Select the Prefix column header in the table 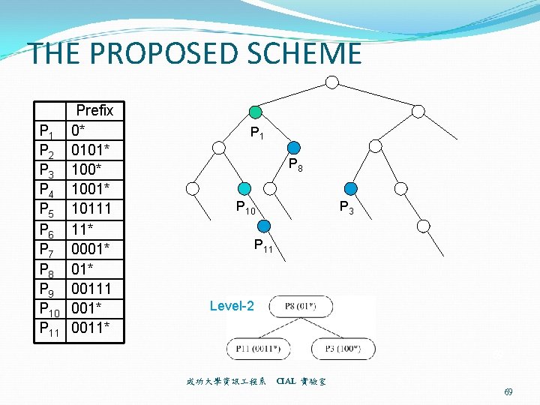(x=94, y=111)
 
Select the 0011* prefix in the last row (x=91, y=327)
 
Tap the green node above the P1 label (x=256, y=112)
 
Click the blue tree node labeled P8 (x=294, y=148)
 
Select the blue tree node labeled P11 (x=264, y=226)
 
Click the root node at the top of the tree (x=332, y=81)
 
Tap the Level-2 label (x=232, y=306)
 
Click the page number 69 (x=508, y=392)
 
